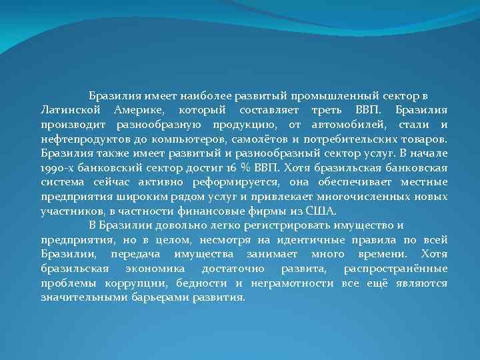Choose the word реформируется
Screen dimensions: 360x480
coord(225,183)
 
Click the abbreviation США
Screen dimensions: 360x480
coord(306,211)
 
